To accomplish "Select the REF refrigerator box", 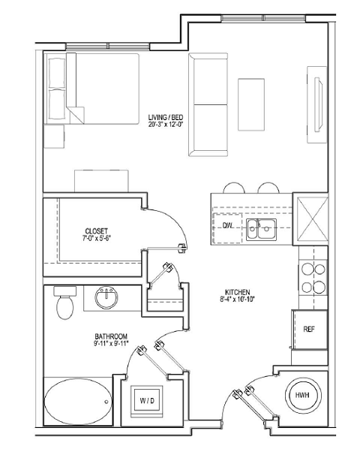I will pyautogui.click(x=308, y=329).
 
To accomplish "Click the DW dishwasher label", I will pyautogui.click(x=227, y=225).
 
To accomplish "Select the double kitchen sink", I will pyautogui.click(x=262, y=229).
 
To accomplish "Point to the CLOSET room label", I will pyautogui.click(x=96, y=231).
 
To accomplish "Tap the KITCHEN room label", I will pyautogui.click(x=237, y=292).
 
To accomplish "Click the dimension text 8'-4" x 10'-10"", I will pyautogui.click(x=237, y=300).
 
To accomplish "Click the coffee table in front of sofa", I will pyautogui.click(x=250, y=100).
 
